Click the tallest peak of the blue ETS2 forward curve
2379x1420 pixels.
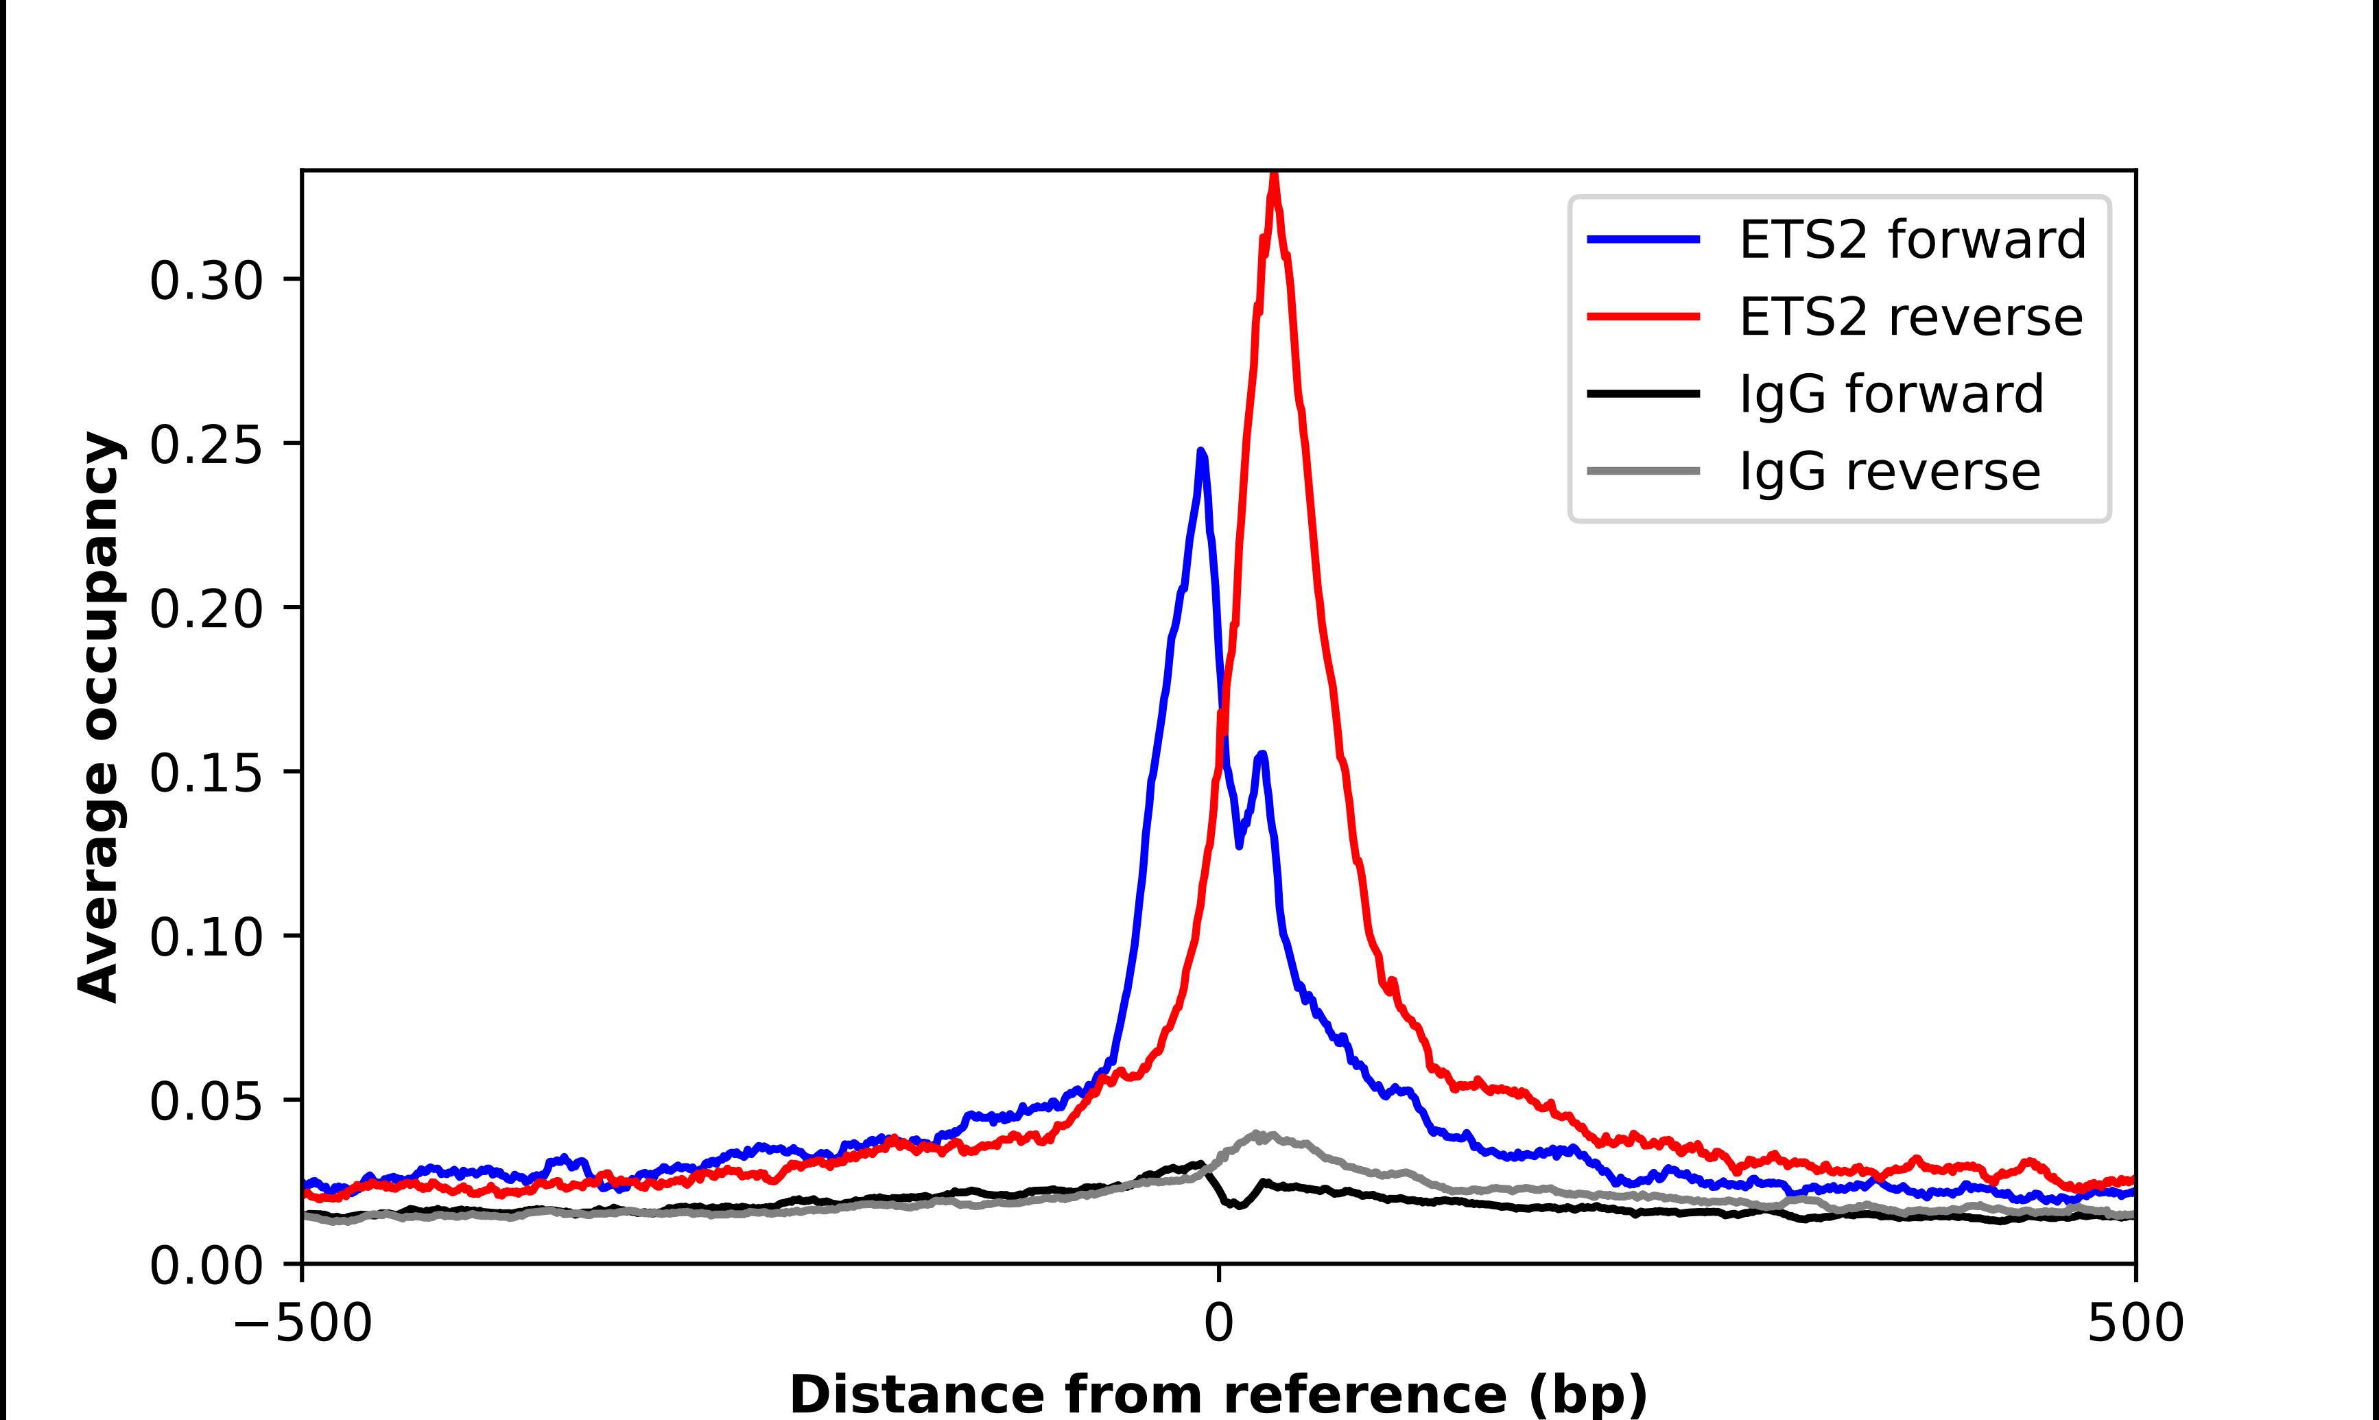point(1201,453)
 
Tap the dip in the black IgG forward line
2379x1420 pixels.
point(1239,1204)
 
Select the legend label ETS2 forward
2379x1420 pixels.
point(1911,239)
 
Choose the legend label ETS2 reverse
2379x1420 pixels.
point(1909,317)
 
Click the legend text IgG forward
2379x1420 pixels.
point(1890,394)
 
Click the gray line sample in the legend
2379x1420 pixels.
point(1644,471)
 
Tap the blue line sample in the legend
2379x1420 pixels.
point(1644,239)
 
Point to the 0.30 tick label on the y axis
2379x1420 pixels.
point(206,281)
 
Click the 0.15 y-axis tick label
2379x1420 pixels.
point(206,773)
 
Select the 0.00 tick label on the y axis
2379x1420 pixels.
point(206,1266)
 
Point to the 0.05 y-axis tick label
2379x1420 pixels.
point(206,1102)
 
